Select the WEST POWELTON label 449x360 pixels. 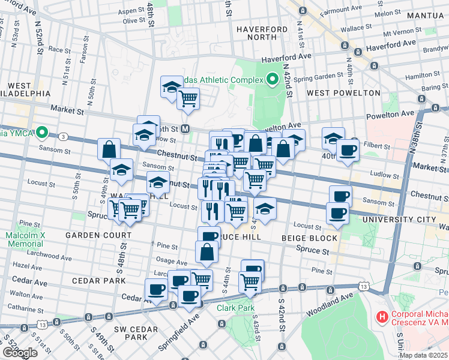(x=343, y=93)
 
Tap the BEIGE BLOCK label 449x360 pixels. (x=310, y=238)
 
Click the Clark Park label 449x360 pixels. (x=233, y=308)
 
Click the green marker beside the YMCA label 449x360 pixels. (x=41, y=132)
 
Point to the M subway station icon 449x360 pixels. (x=186, y=128)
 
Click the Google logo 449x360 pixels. (x=19, y=352)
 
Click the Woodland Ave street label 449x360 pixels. (x=330, y=303)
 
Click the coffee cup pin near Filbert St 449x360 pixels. (x=347, y=150)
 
